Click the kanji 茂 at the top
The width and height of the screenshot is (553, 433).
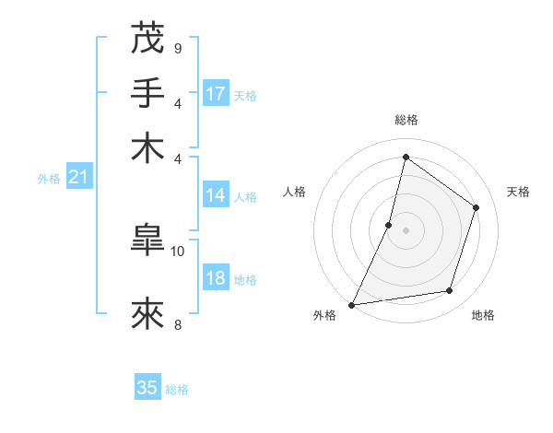[147, 40]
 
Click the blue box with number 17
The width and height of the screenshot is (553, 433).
[216, 94]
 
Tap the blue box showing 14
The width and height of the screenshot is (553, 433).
[216, 195]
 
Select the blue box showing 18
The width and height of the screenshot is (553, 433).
[216, 279]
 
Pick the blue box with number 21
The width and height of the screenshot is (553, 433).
[78, 178]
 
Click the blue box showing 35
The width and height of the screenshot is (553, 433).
[147, 388]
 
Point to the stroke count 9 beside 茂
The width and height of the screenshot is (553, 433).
[178, 48]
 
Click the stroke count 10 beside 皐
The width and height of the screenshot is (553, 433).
[178, 250]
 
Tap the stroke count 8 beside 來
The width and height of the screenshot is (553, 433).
[178, 324]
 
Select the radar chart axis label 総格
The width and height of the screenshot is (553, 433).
[406, 120]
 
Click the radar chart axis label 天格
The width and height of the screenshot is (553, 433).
[518, 192]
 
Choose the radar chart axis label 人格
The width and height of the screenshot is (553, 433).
[294, 192]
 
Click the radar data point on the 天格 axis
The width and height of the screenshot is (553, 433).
[477, 207]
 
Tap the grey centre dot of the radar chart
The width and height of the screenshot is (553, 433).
[406, 230]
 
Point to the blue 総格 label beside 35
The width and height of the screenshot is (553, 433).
[177, 390]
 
